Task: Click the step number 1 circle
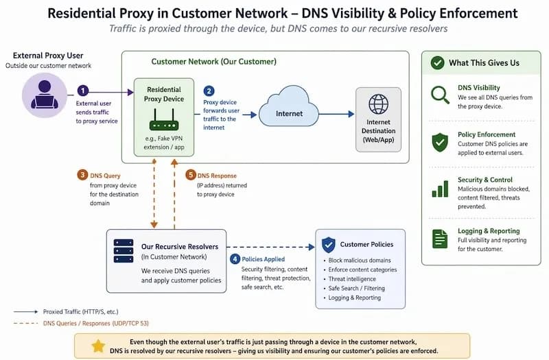pos(82,91)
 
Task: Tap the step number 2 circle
pos(209,91)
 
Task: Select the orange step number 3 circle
pos(82,175)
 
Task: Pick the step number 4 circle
pos(235,259)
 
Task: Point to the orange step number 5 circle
pos(191,175)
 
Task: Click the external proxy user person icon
pos(45,95)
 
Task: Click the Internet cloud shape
pos(289,106)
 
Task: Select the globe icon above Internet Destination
pos(379,104)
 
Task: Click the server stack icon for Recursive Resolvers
pos(124,251)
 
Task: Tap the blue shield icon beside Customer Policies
pos(329,245)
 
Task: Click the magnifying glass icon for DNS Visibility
pos(440,95)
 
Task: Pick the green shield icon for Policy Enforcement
pos(440,143)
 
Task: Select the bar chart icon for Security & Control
pos(440,189)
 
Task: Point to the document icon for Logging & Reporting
pos(440,239)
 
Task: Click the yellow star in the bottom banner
pos(98,346)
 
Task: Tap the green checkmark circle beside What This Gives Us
pos(437,63)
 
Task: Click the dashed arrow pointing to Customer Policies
pos(270,247)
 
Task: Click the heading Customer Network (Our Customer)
pos(213,62)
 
